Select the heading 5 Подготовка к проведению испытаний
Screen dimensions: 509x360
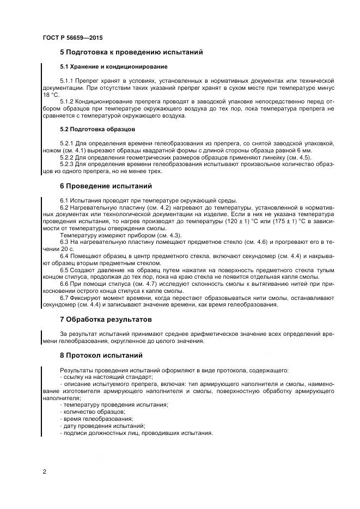pos(131,52)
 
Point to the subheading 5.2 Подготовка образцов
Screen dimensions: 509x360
pos(97,130)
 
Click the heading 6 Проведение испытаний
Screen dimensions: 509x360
pos(106,186)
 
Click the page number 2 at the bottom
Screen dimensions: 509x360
pos(44,471)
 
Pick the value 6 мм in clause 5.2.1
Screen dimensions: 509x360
pos(303,150)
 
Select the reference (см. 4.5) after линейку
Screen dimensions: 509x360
pos(298,157)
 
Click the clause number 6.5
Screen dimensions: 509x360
pos(64,270)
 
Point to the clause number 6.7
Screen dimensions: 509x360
pos(64,298)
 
